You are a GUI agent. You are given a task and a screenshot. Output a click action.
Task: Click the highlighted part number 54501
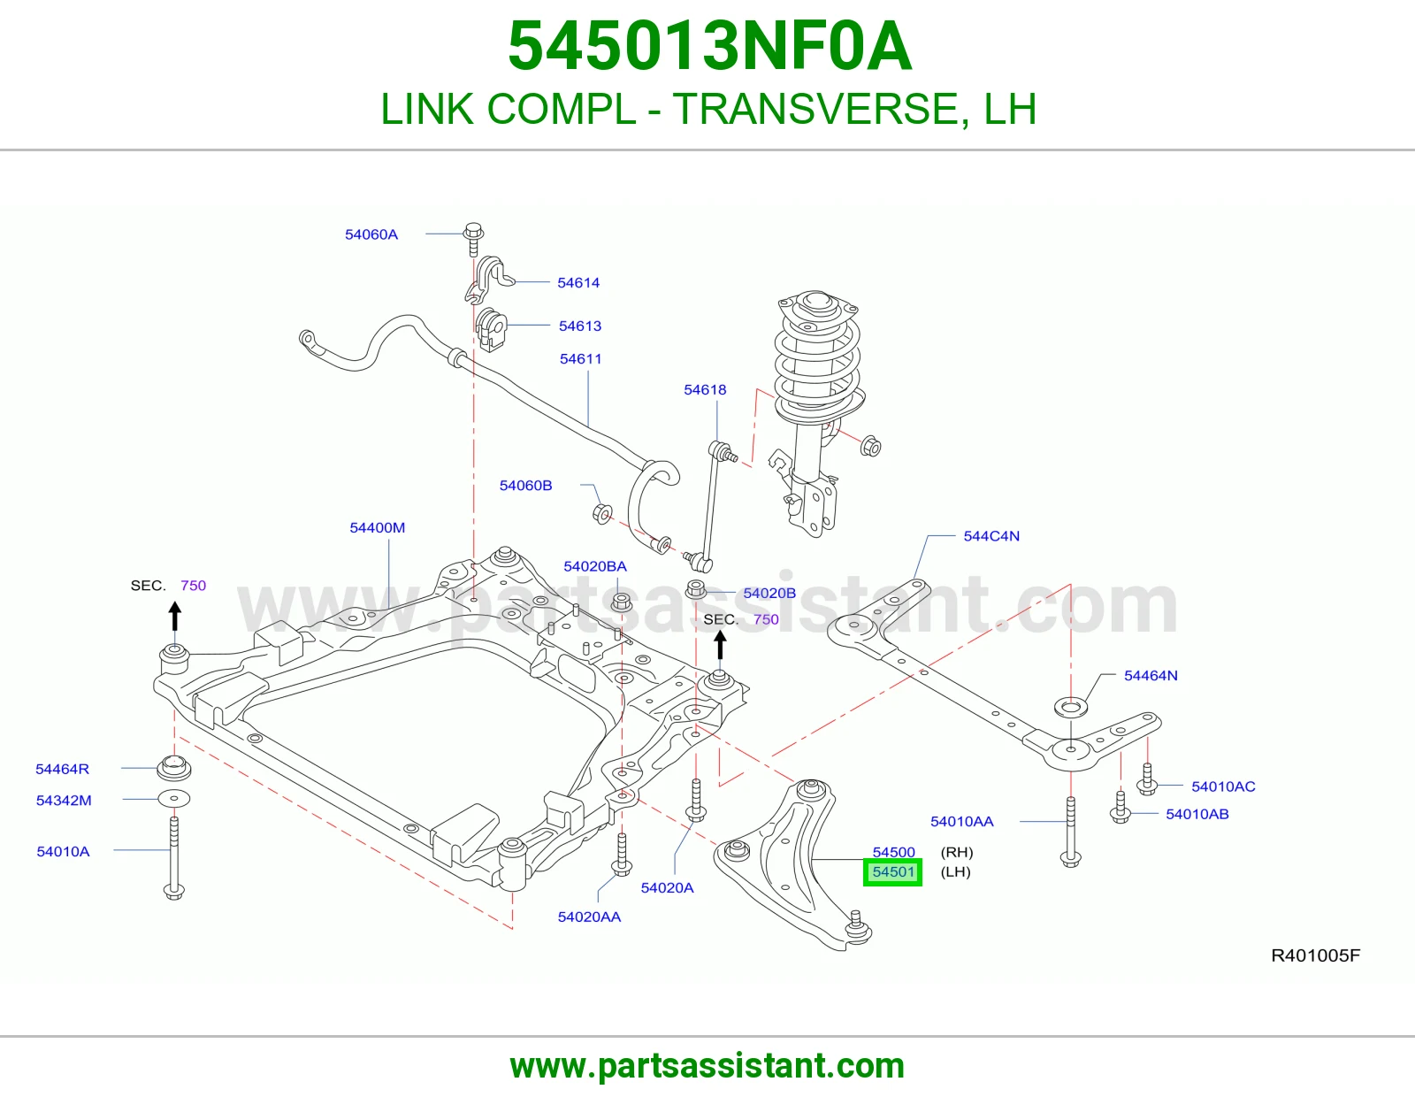click(892, 872)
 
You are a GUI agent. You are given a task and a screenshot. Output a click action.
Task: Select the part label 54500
click(893, 852)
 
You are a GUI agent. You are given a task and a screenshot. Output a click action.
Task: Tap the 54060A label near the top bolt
click(371, 234)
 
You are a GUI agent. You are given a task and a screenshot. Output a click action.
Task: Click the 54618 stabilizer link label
click(705, 389)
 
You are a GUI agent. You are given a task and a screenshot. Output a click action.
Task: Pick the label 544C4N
click(991, 536)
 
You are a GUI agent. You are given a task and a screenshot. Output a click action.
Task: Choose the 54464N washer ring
click(1071, 708)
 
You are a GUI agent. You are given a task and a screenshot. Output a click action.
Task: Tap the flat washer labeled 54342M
click(174, 799)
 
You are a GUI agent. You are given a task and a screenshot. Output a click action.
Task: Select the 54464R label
click(62, 770)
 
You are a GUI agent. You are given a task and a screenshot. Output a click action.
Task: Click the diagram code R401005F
click(1315, 955)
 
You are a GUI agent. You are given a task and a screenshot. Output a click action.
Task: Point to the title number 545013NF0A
click(710, 46)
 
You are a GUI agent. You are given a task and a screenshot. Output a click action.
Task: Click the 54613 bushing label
click(579, 326)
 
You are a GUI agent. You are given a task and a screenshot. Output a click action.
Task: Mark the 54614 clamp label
click(578, 283)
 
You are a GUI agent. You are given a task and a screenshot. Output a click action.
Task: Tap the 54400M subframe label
click(377, 527)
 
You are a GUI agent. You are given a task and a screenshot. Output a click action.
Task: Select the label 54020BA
click(595, 567)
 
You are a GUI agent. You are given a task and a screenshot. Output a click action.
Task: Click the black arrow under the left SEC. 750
click(174, 616)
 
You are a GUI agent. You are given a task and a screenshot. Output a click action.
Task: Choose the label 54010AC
click(1223, 786)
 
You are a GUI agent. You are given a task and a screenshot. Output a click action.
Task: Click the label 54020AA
click(589, 917)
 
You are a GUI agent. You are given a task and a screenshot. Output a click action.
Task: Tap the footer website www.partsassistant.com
click(707, 1066)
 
